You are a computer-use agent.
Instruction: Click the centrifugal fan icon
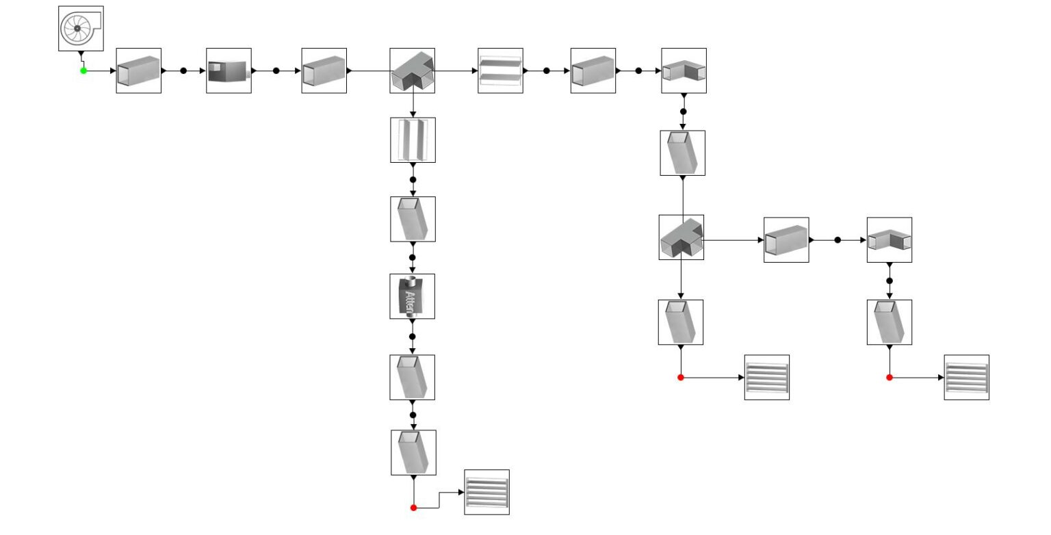tap(80, 28)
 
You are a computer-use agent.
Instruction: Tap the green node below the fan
tap(83, 70)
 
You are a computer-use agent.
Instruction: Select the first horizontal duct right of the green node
tap(138, 70)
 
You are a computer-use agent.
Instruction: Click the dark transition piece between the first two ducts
tap(229, 70)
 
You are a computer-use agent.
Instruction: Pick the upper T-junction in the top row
tap(412, 70)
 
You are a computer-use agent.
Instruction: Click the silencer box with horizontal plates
tap(500, 70)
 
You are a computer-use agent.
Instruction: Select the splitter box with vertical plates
tap(413, 140)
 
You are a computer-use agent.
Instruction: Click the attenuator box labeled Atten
tap(412, 296)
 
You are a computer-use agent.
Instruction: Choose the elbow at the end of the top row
tap(684, 70)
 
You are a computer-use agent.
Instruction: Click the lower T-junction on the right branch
tap(681, 237)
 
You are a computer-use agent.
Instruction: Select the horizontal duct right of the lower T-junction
tap(786, 240)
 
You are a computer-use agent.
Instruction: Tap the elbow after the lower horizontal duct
tap(889, 240)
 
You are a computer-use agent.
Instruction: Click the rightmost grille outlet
tap(966, 377)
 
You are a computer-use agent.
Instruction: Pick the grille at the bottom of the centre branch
tap(486, 492)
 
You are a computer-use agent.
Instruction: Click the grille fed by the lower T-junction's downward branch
tap(766, 377)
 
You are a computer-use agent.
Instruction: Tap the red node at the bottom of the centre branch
tap(413, 508)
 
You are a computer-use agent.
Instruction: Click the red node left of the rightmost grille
tap(890, 378)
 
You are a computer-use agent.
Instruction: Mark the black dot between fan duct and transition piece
tap(183, 70)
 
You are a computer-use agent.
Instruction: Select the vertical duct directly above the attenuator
tap(413, 219)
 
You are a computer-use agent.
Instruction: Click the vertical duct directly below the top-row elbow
tap(682, 153)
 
